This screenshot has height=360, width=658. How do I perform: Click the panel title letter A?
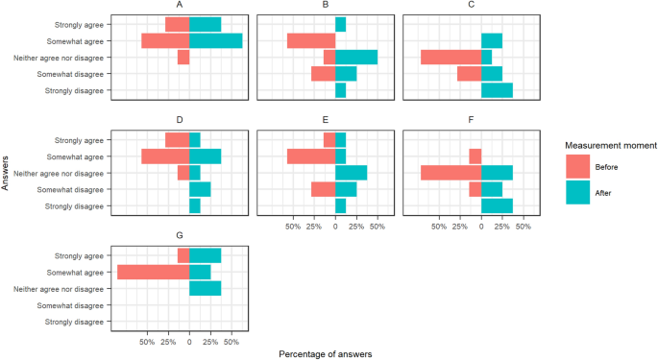click(x=189, y=6)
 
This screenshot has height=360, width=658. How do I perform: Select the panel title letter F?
click(x=481, y=121)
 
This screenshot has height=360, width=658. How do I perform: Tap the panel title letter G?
click(x=189, y=236)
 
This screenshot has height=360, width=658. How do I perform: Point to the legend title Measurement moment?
click(x=610, y=145)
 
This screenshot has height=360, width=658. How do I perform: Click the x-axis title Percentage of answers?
click(x=325, y=353)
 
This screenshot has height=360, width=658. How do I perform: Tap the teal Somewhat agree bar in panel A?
click(x=215, y=41)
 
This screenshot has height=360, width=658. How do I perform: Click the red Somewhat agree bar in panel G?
click(x=153, y=272)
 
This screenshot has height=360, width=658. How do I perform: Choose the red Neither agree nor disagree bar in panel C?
click(x=451, y=58)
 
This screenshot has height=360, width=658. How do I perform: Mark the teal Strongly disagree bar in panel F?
click(x=497, y=206)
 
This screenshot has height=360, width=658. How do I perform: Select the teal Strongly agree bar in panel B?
click(x=341, y=24)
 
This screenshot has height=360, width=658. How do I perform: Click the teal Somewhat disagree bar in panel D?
click(x=200, y=190)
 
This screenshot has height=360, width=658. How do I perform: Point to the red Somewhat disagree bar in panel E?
click(x=323, y=190)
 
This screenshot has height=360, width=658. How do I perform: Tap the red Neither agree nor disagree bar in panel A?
click(x=183, y=58)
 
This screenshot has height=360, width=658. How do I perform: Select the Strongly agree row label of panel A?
click(x=81, y=24)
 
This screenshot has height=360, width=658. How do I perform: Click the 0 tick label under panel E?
click(x=335, y=227)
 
